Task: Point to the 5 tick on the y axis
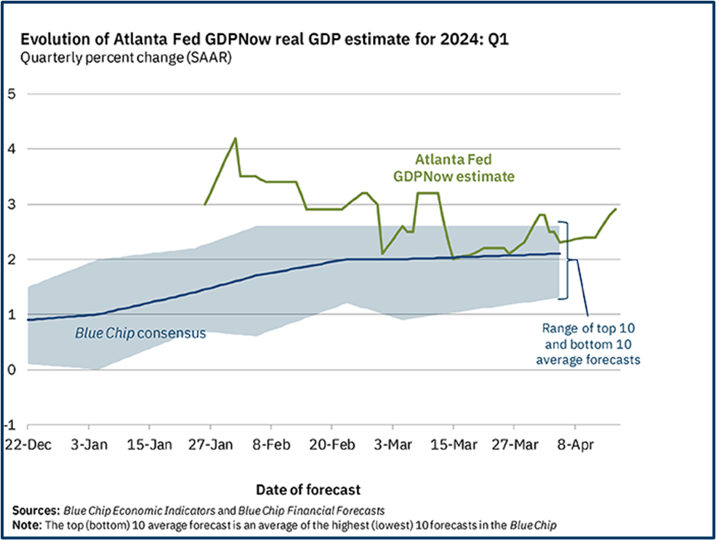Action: click(12, 94)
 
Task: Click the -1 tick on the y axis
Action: click(10, 425)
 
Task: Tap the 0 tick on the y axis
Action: click(12, 370)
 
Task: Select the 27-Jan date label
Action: click(209, 444)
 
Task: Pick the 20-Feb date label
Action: click(331, 444)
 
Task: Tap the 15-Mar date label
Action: click(452, 444)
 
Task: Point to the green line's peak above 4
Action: click(235, 138)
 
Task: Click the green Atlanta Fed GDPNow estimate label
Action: click(454, 167)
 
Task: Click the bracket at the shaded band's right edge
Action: click(566, 259)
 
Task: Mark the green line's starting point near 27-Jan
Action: click(205, 204)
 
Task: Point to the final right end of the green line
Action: click(616, 209)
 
